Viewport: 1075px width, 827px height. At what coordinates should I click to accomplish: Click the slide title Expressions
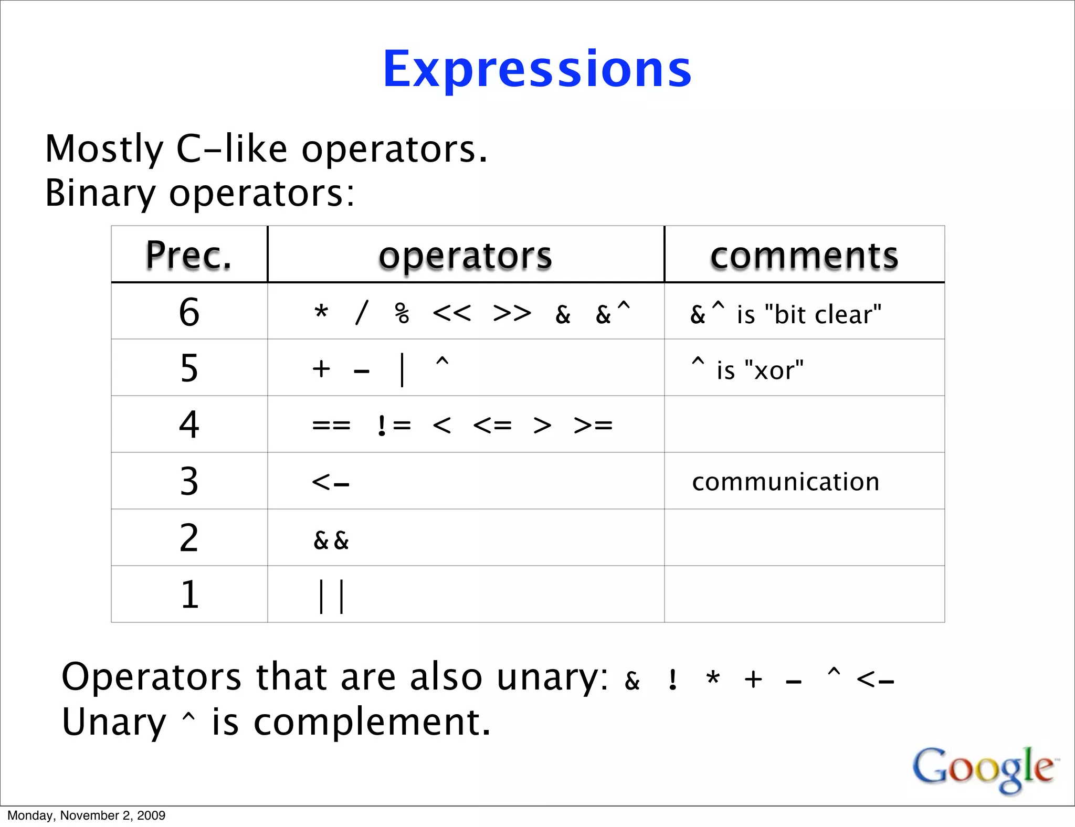point(537,70)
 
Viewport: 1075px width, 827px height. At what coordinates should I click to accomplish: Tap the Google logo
point(983,769)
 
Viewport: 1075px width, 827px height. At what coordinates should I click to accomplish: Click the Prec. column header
point(189,256)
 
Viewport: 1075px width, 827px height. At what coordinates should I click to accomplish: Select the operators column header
point(466,256)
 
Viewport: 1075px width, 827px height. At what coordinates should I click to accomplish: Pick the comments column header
point(804,256)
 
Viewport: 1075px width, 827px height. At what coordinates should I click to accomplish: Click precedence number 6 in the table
point(189,312)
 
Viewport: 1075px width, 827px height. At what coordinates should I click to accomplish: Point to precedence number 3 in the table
point(189,481)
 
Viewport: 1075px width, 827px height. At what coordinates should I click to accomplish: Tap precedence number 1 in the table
point(189,595)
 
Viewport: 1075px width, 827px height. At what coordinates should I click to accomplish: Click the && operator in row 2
point(331,540)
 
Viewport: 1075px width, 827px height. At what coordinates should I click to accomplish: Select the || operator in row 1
point(331,596)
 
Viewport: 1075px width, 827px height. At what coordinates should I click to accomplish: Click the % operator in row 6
point(402,314)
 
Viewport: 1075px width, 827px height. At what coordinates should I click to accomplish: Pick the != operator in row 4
point(394,426)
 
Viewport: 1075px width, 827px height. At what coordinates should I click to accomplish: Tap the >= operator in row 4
point(593,426)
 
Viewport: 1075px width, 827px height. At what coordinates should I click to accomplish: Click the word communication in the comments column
point(785,482)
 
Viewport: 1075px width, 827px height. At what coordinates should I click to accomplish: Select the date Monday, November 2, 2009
point(87,815)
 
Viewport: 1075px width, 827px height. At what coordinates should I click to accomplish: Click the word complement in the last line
point(372,722)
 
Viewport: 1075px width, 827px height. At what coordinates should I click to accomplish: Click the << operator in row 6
point(452,314)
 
